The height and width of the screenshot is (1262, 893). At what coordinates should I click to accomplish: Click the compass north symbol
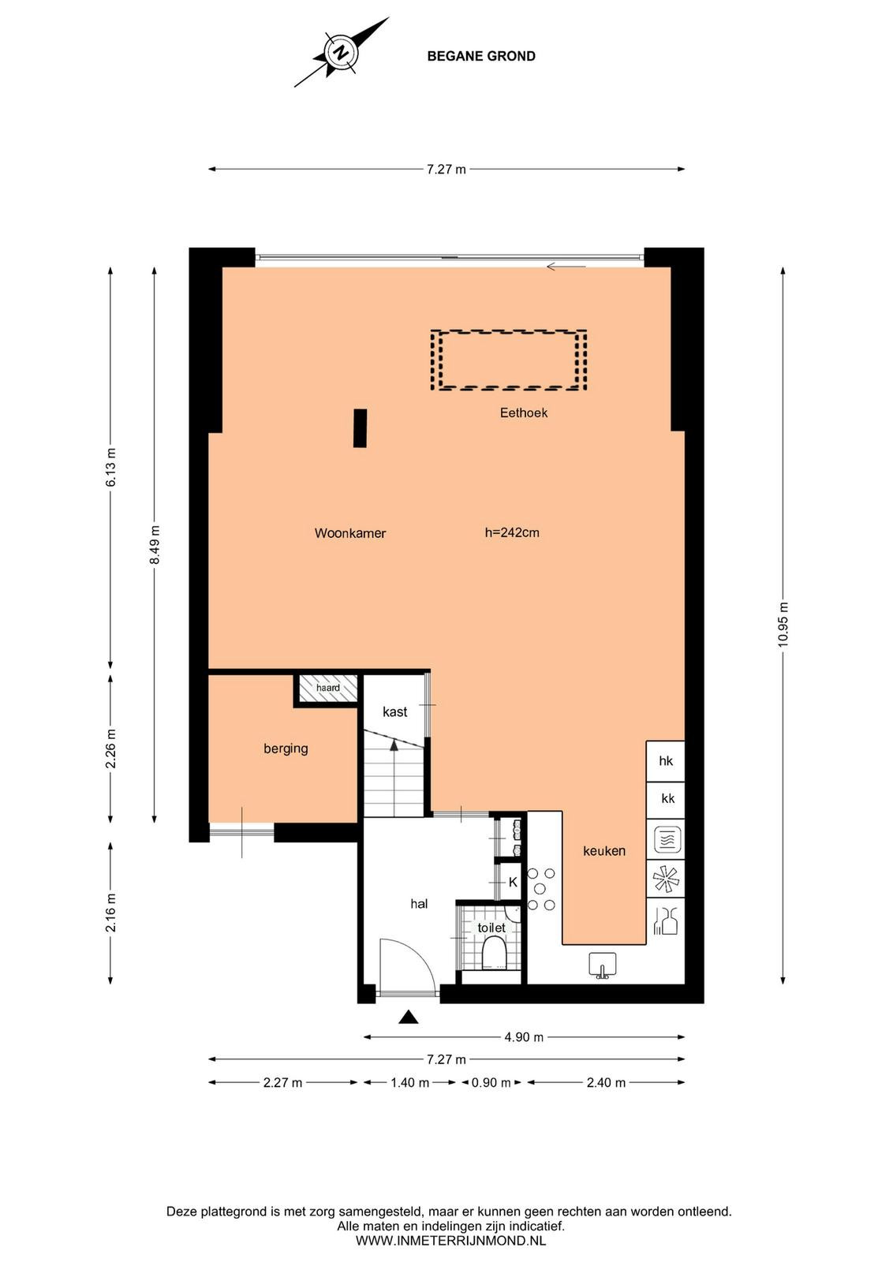[x=340, y=52]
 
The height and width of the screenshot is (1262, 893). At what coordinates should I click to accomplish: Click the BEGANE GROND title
[x=481, y=56]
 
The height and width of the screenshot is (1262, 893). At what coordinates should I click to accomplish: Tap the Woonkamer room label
[x=350, y=533]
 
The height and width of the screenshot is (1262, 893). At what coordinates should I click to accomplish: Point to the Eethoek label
[x=523, y=413]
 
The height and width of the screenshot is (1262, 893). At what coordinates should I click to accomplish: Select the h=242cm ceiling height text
[x=512, y=532]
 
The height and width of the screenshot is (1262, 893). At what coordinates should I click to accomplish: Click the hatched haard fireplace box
[x=328, y=688]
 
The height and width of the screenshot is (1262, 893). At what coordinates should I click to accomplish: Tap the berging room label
[x=286, y=749]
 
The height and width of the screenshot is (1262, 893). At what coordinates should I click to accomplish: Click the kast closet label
[x=394, y=712]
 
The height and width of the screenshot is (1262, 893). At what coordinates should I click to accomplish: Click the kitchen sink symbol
[x=602, y=965]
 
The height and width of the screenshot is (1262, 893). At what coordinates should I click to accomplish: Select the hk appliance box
[x=665, y=761]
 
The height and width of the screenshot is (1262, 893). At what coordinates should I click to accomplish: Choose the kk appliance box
[x=665, y=800]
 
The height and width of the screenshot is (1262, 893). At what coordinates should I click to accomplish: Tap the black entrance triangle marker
[x=409, y=1017]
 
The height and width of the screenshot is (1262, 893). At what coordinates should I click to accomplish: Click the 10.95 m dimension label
[x=783, y=624]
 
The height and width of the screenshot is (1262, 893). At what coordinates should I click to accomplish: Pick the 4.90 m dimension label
[x=523, y=1036]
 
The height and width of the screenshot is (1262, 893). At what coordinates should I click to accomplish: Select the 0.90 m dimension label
[x=491, y=1082]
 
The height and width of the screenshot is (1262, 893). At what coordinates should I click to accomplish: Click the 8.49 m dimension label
[x=155, y=544]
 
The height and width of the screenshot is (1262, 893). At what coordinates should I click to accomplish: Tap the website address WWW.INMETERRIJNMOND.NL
[x=450, y=1240]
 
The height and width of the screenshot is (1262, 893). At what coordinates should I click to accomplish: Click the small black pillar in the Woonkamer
[x=360, y=428]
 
